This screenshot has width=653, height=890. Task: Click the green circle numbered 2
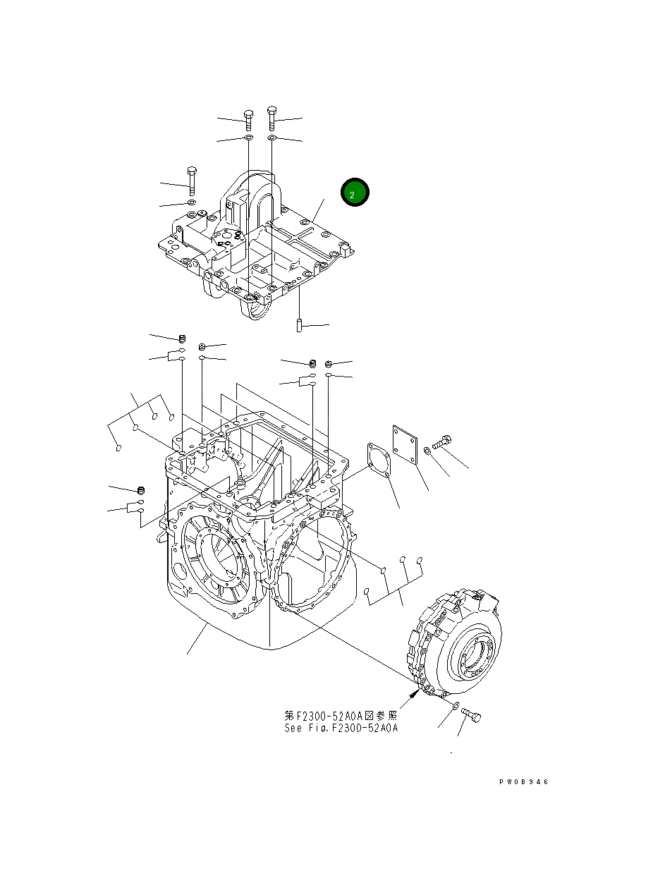[x=355, y=193]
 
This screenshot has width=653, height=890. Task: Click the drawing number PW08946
[x=523, y=782]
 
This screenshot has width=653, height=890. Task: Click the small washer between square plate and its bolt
[x=427, y=451]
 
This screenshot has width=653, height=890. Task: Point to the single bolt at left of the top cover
[x=191, y=181]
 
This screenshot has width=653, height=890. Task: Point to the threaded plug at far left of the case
[x=140, y=490]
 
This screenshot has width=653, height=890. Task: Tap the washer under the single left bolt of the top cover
[x=191, y=203]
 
